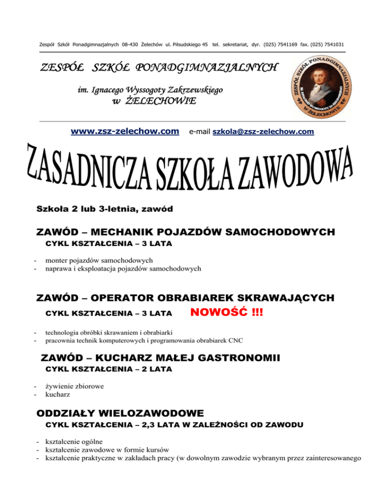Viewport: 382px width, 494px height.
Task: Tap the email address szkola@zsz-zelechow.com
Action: tap(263, 132)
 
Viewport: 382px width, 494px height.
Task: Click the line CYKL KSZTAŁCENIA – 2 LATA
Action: tap(108, 369)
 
